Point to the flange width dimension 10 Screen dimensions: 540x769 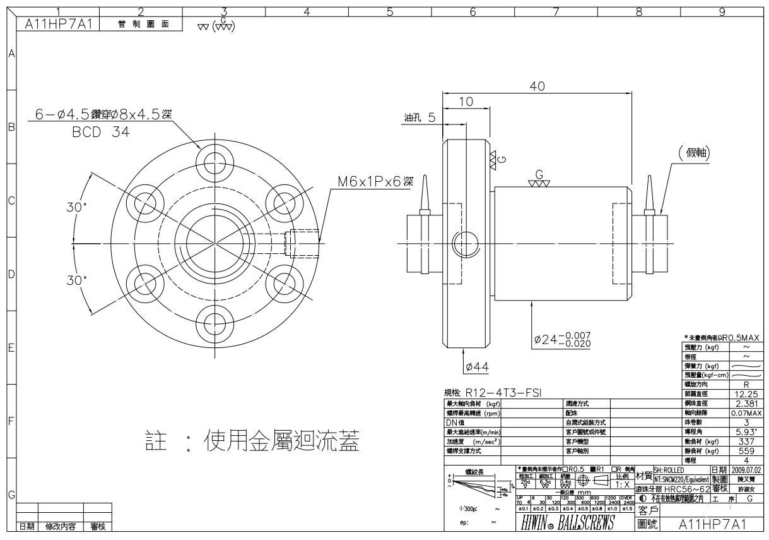coord(466,102)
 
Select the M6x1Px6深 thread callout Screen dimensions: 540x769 coord(375,182)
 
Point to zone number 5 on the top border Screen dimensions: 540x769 coord(389,11)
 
